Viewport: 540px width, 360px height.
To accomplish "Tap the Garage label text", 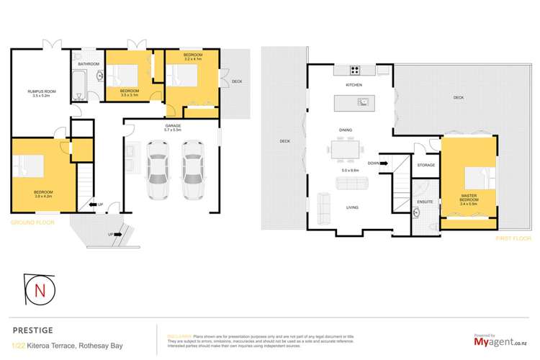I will pos(170,127).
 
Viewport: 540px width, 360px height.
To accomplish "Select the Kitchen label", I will pos(354,85).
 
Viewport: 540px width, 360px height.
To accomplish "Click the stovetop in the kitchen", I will pos(354,71).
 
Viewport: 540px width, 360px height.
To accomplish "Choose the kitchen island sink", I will pos(364,102).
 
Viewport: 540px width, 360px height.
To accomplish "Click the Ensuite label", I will pos(425,202).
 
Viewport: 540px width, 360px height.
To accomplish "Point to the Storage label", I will pos(425,166).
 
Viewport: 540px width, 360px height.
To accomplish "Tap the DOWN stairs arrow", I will pos(378,163).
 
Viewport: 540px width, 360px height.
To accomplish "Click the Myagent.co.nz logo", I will pos(496,344).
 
